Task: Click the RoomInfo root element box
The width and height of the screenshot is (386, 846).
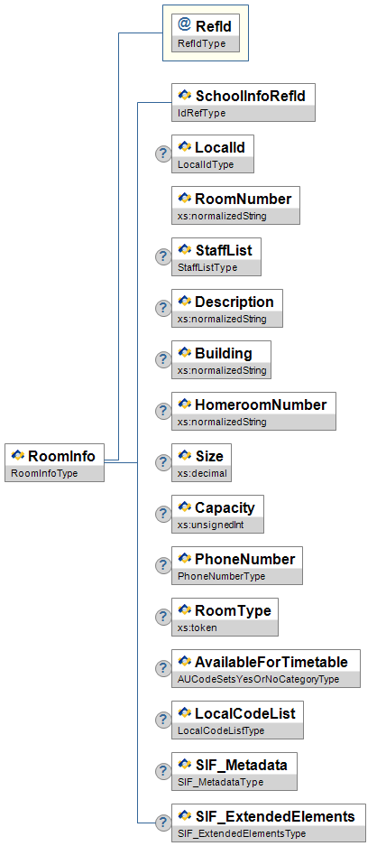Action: pos(54,462)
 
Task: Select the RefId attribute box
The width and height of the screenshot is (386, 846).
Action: pos(206,33)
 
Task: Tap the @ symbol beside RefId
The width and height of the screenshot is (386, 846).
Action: pos(184,24)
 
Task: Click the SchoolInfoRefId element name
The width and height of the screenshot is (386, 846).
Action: pos(250,96)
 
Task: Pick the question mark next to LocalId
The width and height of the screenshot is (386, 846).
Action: pos(163,153)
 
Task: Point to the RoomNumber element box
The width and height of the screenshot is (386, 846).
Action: pos(235,205)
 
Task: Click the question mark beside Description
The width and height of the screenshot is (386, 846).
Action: pos(163,308)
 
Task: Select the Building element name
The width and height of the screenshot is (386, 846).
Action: pos(223,353)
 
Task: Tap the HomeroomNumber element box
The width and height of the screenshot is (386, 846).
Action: pos(253,411)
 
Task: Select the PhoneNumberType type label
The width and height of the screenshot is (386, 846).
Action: pos(221,576)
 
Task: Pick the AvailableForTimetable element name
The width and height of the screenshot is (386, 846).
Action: pos(271,662)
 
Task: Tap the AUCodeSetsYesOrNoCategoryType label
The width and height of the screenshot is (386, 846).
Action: pos(258,679)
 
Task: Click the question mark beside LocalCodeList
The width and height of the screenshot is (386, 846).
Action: pos(163,720)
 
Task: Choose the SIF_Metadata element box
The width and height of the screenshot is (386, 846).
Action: pos(234,771)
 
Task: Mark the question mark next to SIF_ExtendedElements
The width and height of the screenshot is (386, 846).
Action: pos(163,823)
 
